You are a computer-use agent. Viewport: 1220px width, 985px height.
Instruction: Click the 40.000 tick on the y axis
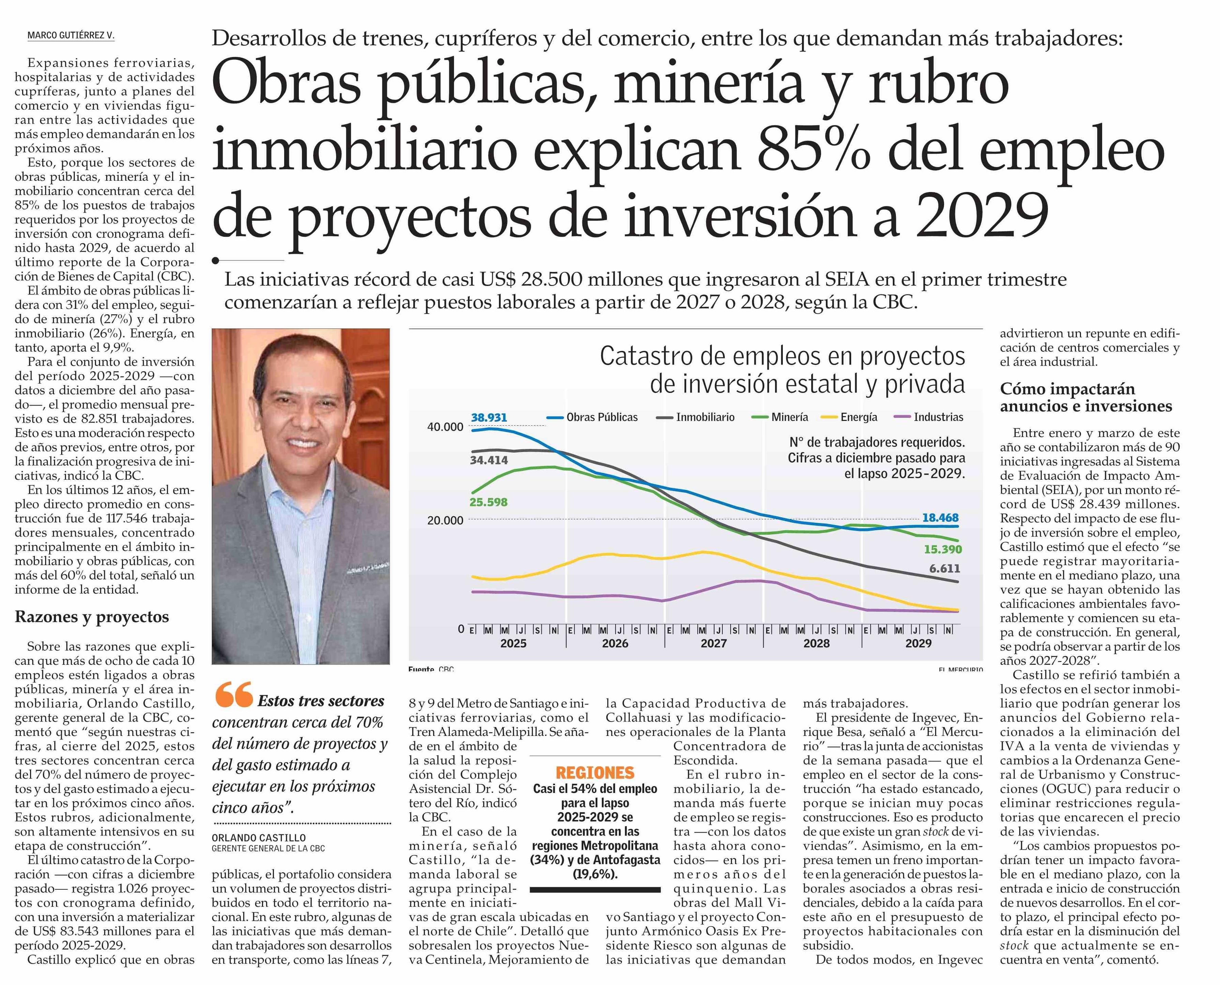click(445, 427)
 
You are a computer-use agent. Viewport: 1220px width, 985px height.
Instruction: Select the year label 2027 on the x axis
click(713, 643)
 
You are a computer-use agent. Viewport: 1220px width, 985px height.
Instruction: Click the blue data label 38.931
click(489, 418)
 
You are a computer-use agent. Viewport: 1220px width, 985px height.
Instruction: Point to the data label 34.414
click(489, 460)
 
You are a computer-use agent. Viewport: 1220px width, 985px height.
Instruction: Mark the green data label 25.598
click(488, 502)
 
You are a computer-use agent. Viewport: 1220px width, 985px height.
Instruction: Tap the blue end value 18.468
click(940, 518)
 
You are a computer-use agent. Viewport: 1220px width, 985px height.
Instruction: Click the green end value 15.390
click(943, 549)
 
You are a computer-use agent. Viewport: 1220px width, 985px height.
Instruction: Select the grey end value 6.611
click(944, 569)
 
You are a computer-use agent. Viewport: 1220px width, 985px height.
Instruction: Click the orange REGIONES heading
click(595, 773)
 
